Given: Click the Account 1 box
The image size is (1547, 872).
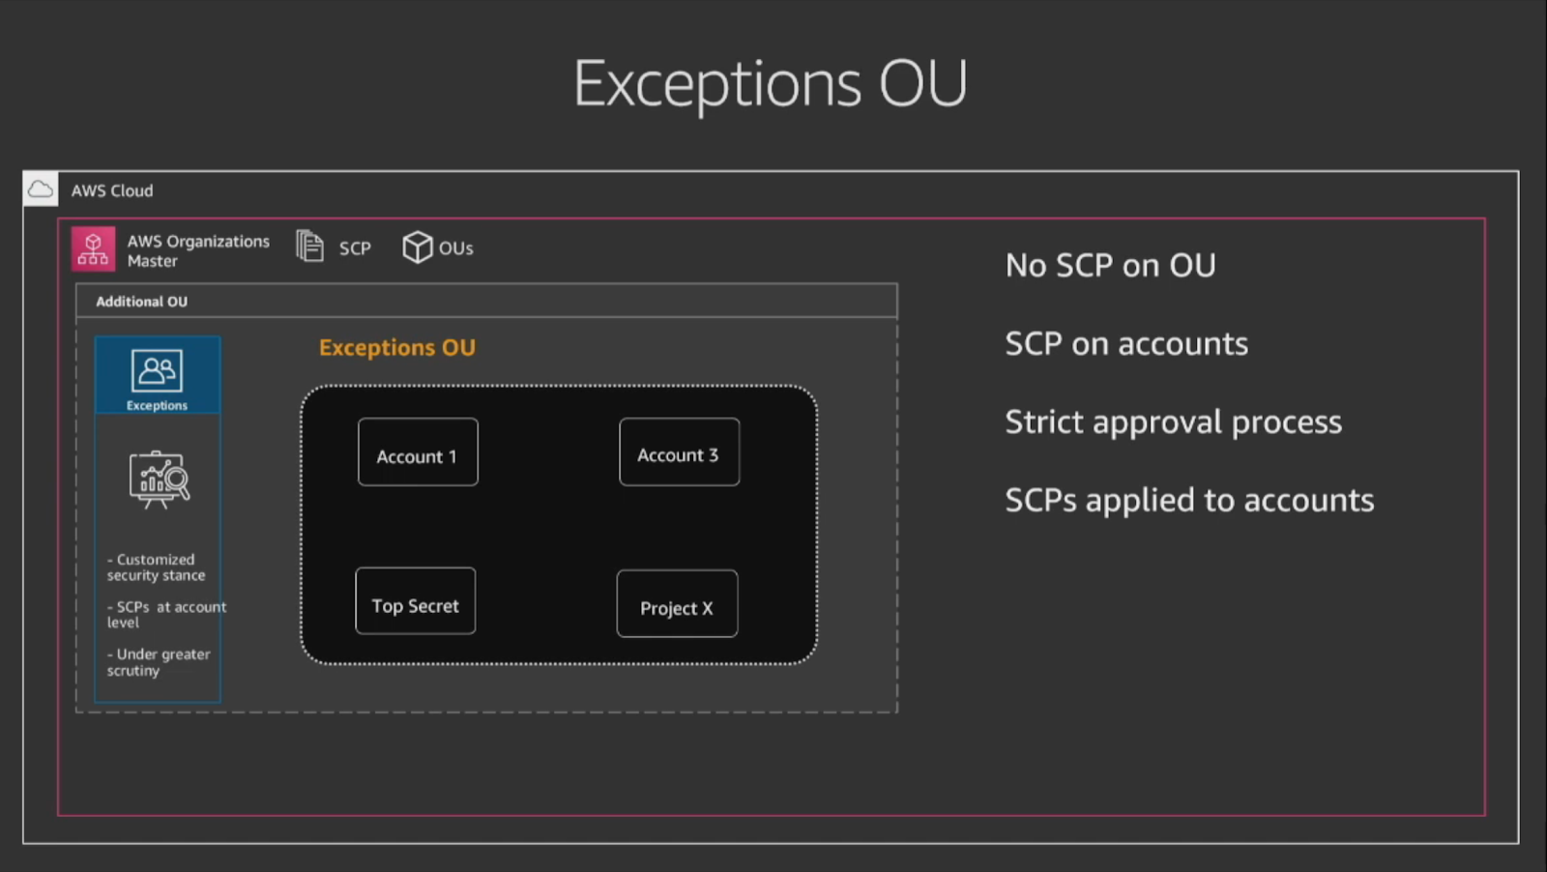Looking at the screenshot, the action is (418, 452).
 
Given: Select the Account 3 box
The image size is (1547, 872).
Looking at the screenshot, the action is (679, 451).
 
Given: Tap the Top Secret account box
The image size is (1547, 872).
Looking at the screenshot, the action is (415, 600).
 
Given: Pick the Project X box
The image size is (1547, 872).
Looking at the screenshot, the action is (677, 603).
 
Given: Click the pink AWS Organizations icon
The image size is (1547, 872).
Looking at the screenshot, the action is (93, 249).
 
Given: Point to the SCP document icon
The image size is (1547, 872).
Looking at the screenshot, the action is (310, 246).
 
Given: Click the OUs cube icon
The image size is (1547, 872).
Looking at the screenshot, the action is (417, 247).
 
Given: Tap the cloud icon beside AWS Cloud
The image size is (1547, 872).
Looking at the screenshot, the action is (41, 189).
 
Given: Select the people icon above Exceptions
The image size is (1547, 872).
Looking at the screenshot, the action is (157, 371).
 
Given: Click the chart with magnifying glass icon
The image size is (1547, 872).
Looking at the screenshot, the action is (159, 480).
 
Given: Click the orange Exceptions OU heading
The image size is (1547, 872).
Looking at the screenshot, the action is (397, 347).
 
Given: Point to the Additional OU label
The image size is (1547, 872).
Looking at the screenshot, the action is (141, 302).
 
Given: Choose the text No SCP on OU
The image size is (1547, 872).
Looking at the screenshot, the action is (1110, 265).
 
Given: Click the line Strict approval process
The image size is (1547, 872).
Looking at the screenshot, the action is (1174, 421).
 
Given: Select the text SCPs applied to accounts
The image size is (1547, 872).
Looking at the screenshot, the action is (1189, 500).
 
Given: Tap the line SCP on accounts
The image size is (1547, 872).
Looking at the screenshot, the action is (1126, 344).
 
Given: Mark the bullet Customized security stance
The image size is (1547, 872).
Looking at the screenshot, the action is (156, 567).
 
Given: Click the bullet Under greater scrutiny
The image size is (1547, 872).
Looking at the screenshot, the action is (159, 662).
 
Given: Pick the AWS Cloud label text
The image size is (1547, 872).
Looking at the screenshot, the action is (112, 190).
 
